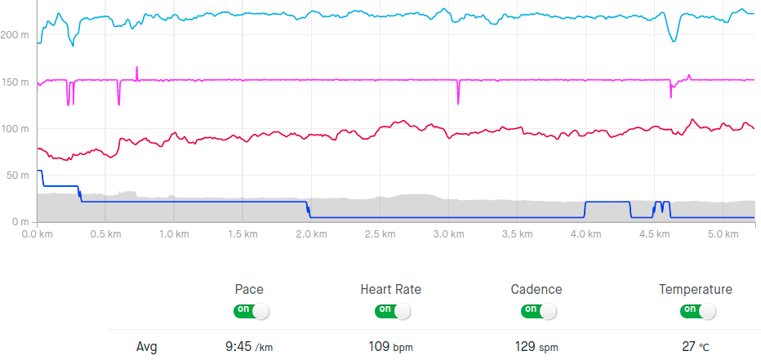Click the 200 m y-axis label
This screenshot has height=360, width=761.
click(16, 35)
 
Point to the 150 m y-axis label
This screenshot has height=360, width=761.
click(16, 82)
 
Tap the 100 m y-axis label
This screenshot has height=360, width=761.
click(16, 129)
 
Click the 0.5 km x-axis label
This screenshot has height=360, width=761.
click(106, 234)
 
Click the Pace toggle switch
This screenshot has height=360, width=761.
click(251, 311)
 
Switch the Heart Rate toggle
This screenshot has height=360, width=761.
click(392, 311)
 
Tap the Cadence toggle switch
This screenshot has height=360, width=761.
click(537, 311)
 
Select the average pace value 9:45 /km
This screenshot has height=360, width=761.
click(249, 346)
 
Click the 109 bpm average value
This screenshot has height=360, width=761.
click(390, 346)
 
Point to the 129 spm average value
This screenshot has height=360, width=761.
click(536, 346)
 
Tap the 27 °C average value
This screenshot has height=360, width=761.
click(696, 346)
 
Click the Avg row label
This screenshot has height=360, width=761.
click(146, 346)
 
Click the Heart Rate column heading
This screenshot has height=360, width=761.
click(390, 289)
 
